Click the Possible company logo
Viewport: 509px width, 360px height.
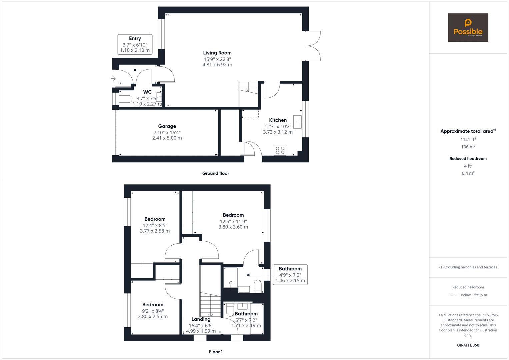468,28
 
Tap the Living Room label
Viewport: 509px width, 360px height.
217,53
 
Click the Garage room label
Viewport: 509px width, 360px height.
167,126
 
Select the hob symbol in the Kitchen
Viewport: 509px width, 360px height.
280,150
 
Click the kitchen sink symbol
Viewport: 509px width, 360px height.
298,121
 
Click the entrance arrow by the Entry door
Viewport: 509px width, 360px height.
113,79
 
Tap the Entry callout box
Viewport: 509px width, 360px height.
135,44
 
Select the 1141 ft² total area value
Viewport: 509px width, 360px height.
468,140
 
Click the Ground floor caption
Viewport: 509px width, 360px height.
216,173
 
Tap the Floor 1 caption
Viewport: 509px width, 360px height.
216,352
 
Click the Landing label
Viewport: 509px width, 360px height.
201,319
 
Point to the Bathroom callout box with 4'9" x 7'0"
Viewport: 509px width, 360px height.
290,275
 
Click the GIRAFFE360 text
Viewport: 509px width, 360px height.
468,345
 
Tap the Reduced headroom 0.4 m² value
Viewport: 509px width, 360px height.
468,173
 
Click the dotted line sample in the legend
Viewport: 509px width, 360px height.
454,295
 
